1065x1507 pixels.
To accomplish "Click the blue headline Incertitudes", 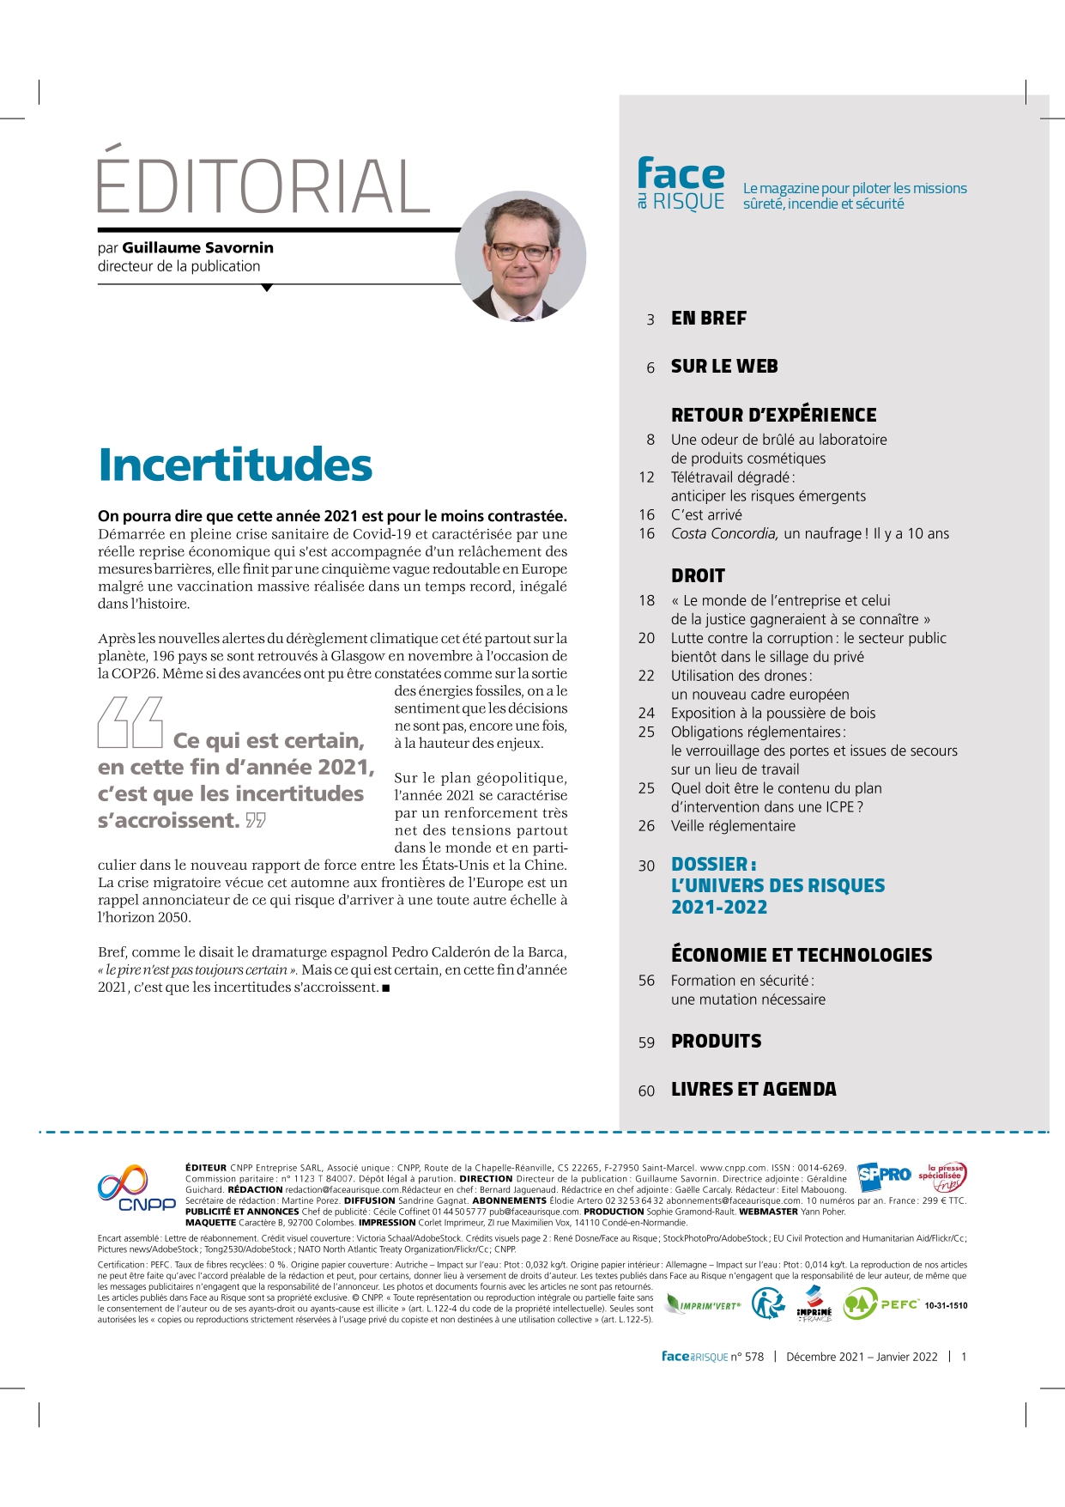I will pyautogui.click(x=235, y=465).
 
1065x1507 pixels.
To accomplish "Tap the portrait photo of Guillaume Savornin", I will pyautogui.click(x=520, y=256).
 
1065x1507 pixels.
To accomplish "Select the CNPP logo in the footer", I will pyautogui.click(x=136, y=1189).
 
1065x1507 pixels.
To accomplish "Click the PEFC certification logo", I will pyautogui.click(x=881, y=1304).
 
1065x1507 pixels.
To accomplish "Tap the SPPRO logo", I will pyautogui.click(x=884, y=1175).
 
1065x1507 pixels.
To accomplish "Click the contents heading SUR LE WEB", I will pyautogui.click(x=724, y=367).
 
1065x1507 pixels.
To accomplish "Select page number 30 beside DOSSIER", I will pyautogui.click(x=646, y=866).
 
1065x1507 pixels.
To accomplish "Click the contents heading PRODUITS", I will pyautogui.click(x=716, y=1042).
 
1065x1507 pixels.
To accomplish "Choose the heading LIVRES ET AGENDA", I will pyautogui.click(x=753, y=1090).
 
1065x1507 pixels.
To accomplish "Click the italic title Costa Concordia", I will pyautogui.click(x=724, y=534).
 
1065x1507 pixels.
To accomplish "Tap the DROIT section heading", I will pyautogui.click(x=698, y=576).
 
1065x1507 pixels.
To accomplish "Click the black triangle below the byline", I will pyautogui.click(x=267, y=289).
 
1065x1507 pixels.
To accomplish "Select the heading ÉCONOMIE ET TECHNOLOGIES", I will pyautogui.click(x=802, y=956).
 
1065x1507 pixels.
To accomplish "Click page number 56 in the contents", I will pyautogui.click(x=646, y=981).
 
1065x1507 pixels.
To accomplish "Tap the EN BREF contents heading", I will pyautogui.click(x=709, y=319).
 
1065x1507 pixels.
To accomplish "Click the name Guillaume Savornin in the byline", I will pyautogui.click(x=197, y=248).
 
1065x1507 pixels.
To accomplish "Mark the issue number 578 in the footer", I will pyautogui.click(x=753, y=1357).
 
